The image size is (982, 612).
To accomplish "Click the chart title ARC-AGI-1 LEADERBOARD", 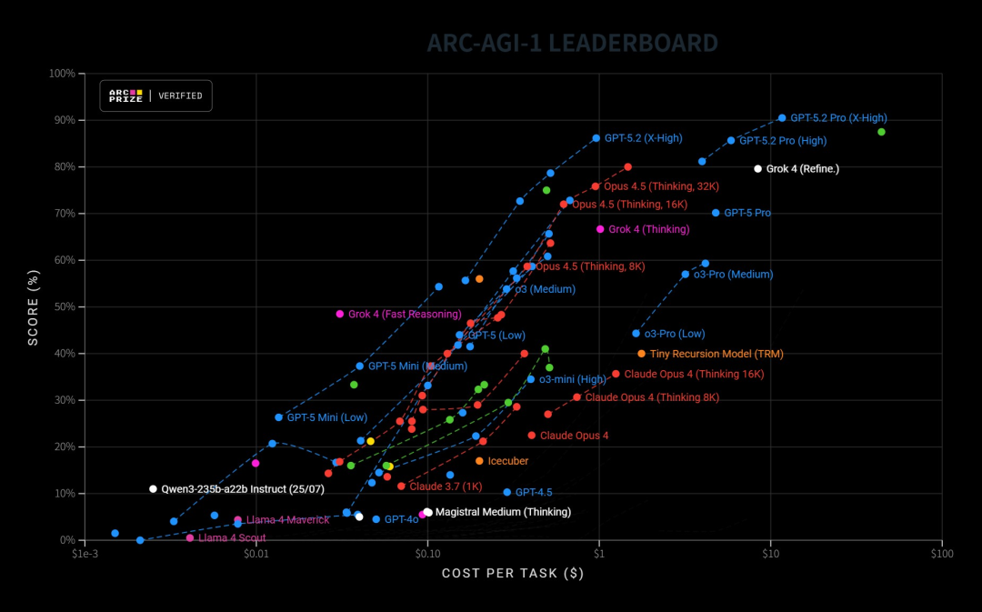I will (x=572, y=43).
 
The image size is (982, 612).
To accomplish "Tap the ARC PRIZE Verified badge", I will (x=156, y=95).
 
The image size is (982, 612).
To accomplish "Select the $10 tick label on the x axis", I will (x=770, y=552).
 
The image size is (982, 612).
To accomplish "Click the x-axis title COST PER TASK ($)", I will (x=512, y=573).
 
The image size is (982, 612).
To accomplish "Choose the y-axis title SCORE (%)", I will (x=34, y=306).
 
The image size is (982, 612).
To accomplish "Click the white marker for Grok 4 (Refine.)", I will (x=758, y=168).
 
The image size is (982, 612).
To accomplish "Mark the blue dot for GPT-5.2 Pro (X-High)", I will (x=782, y=118).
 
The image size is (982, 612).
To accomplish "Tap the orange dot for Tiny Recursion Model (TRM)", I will (x=641, y=354).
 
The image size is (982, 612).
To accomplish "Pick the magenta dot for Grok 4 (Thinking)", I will (x=600, y=229).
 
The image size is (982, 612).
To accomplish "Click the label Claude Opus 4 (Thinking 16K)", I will (x=694, y=374).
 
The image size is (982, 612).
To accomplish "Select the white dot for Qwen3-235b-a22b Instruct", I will (x=153, y=489).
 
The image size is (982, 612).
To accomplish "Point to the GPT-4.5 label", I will (x=534, y=492).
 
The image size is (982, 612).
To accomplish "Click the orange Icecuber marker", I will (x=479, y=461).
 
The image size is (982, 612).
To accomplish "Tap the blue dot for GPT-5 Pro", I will (x=716, y=213).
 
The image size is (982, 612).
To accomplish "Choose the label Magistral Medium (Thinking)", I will (x=503, y=512).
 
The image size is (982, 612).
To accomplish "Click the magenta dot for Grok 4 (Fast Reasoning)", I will (x=340, y=314).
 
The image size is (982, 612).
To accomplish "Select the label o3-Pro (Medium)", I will (x=733, y=274).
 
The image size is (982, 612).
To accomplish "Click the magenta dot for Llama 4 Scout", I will (x=190, y=538).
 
